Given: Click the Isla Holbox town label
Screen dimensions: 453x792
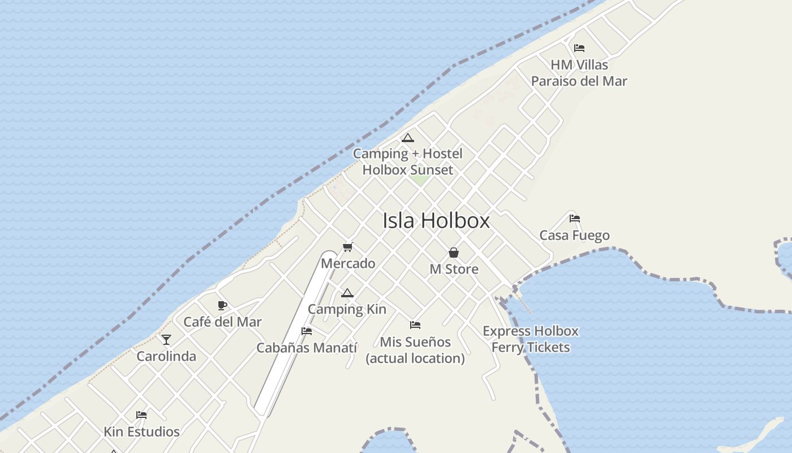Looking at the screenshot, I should [x=436, y=220].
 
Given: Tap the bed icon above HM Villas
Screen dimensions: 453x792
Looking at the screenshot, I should [x=579, y=48].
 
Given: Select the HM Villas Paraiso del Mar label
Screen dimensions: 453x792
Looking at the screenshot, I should [x=579, y=73].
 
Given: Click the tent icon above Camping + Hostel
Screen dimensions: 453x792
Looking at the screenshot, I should [x=407, y=138].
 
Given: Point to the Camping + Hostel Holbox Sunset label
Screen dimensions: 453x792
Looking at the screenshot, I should [x=407, y=161].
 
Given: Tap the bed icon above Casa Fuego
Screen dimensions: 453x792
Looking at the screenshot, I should [x=575, y=218].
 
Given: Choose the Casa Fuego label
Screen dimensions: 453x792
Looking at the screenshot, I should [x=574, y=235].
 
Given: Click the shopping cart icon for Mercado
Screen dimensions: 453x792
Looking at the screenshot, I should [x=348, y=247].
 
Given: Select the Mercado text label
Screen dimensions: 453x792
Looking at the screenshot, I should [x=348, y=263].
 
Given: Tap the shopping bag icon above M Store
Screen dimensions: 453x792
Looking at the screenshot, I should [x=454, y=253].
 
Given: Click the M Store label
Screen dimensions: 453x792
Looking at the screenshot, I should [x=454, y=269].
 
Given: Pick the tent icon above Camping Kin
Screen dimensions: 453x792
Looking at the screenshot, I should [x=347, y=293].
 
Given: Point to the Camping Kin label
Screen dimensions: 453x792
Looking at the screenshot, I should [x=347, y=309].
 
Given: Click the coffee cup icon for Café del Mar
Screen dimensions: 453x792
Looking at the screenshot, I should [x=222, y=306].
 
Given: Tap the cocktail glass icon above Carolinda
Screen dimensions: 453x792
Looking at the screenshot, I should [x=166, y=340].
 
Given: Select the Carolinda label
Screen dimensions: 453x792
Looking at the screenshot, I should [x=166, y=356].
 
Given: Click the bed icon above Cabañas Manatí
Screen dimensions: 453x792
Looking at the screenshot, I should [x=307, y=331].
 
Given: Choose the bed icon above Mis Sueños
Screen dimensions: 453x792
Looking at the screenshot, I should [x=415, y=325].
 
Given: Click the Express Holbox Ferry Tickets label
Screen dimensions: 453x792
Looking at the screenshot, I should [x=530, y=339].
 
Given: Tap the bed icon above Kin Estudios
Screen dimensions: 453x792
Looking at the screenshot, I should [x=141, y=415].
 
